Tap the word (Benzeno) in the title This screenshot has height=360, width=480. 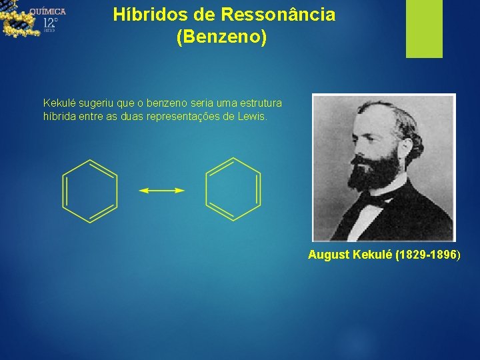pyautogui.click(x=221, y=37)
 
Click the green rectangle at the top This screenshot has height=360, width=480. pyautogui.click(x=424, y=28)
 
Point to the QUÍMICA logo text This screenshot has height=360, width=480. pyautogui.click(x=47, y=11)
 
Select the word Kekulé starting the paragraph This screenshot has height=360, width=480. pyautogui.click(x=58, y=103)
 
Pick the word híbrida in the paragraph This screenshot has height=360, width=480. pyautogui.click(x=58, y=117)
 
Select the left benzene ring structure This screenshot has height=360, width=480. pyautogui.click(x=90, y=191)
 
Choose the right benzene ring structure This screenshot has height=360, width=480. pyautogui.click(x=233, y=189)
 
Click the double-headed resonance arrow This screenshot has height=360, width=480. pyautogui.click(x=161, y=191)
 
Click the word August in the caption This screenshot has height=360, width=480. pyautogui.click(x=329, y=255)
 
